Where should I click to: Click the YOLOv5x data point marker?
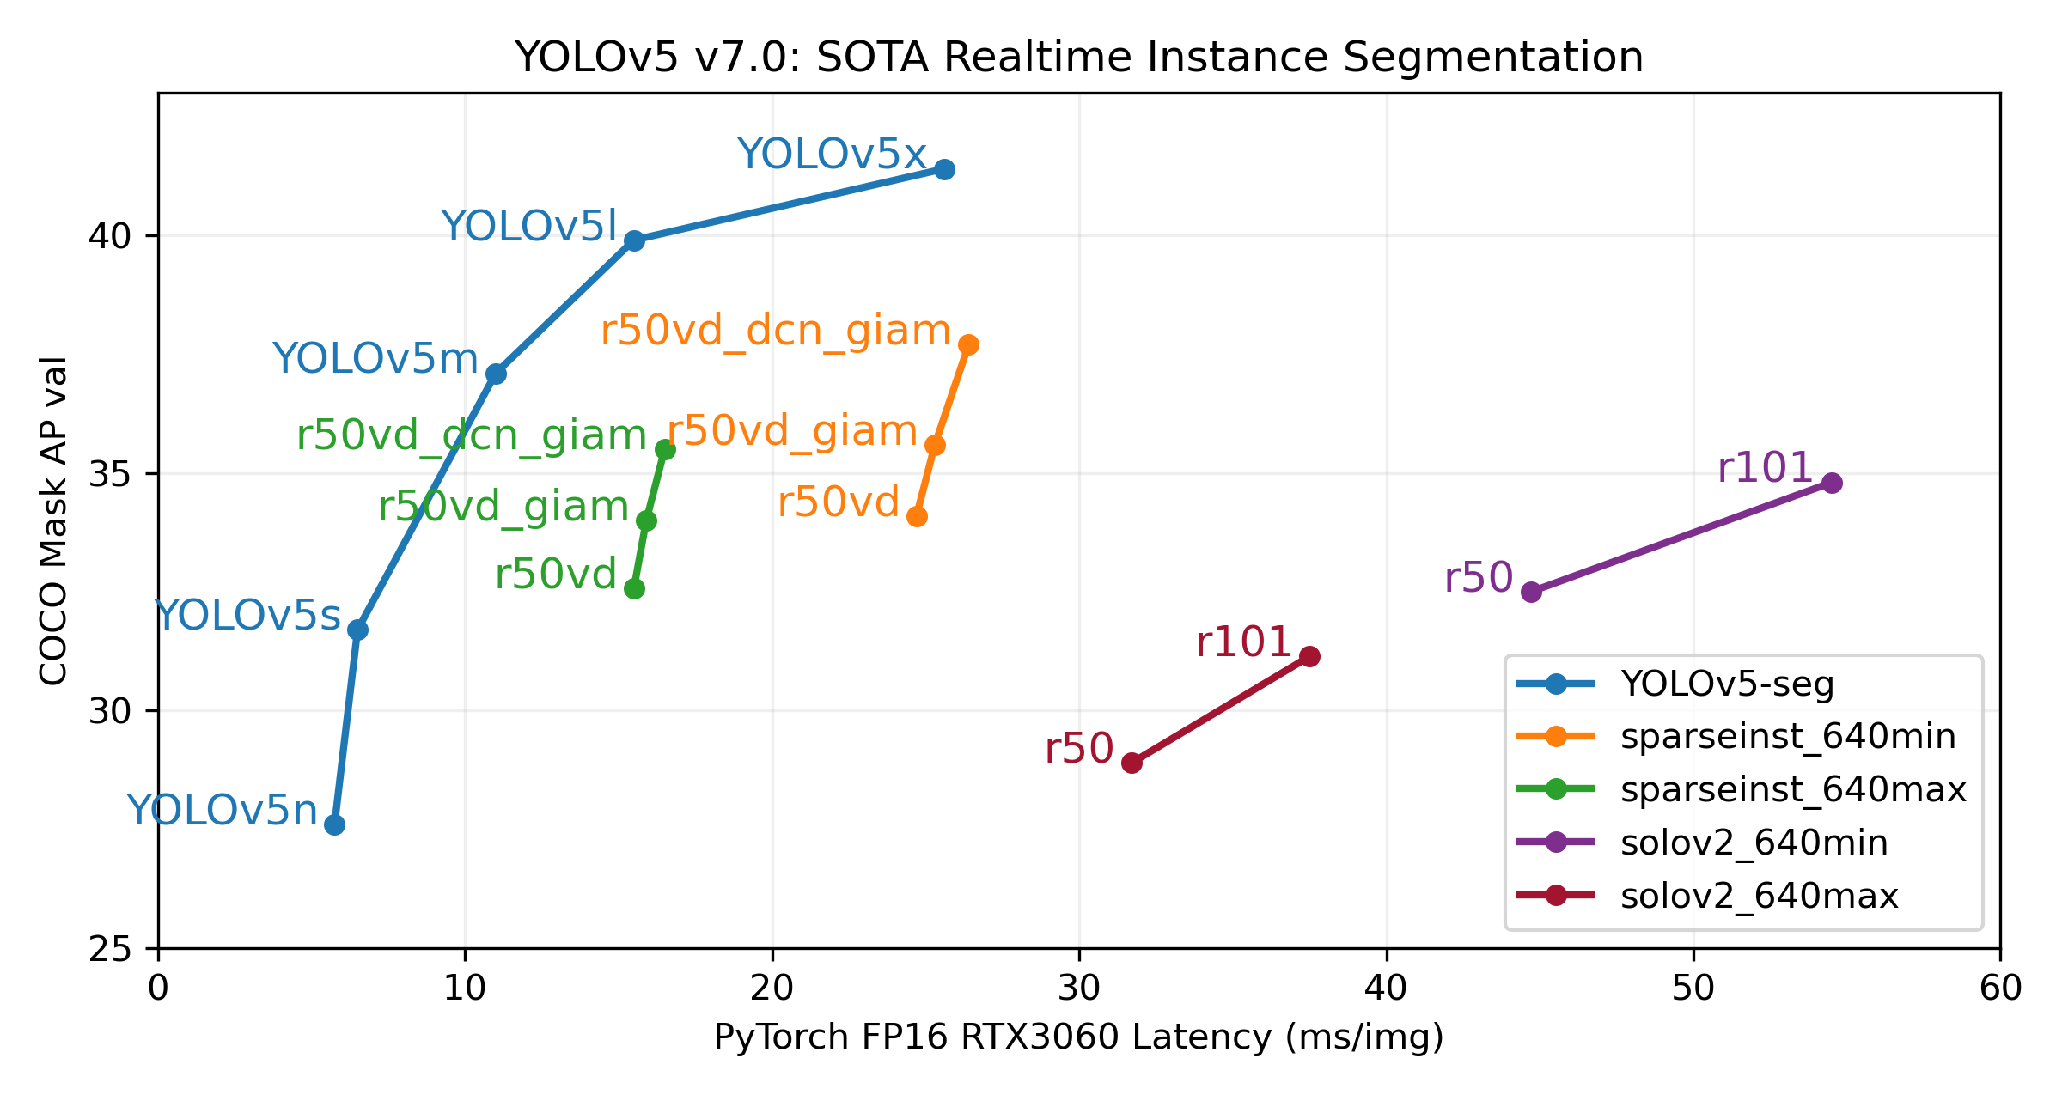tap(944, 169)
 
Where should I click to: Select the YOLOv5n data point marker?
tap(334, 824)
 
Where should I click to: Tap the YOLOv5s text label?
tap(247, 616)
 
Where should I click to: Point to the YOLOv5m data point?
tap(496, 374)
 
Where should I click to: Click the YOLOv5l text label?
tap(529, 227)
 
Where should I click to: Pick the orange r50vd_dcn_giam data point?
tap(968, 344)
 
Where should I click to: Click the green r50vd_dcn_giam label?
tap(471, 435)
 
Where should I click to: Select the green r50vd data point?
tap(634, 588)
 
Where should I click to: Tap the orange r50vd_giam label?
tap(792, 430)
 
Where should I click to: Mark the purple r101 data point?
tap(1832, 483)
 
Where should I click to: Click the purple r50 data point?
tap(1531, 592)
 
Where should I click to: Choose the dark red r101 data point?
tap(1309, 657)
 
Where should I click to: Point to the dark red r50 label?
tap(1079, 749)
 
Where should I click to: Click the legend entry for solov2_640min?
tap(1754, 843)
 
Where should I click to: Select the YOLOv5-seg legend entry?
tap(1727, 684)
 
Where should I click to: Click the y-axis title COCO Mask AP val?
tap(53, 520)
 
